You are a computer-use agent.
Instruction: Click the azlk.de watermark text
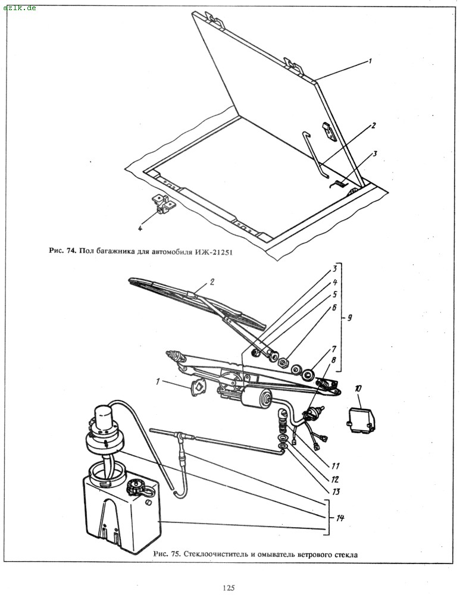pos(20,8)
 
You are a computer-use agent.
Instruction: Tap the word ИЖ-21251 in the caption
pos(213,251)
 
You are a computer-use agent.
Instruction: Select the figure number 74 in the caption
pos(72,251)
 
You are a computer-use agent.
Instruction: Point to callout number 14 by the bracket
pos(340,518)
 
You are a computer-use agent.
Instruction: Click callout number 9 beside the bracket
pos(349,317)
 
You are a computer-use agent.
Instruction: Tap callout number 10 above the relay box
pos(358,389)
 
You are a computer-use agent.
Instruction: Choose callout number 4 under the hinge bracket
pos(140,228)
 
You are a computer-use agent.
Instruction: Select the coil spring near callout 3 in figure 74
pos(338,183)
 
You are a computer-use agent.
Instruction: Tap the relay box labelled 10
pos(361,419)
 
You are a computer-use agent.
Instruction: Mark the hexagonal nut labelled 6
pos(283,362)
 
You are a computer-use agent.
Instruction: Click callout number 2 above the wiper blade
pos(212,282)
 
